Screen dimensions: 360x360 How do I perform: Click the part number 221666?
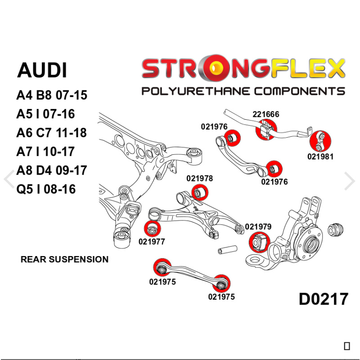(265, 114)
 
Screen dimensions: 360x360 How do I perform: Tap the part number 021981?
(320, 157)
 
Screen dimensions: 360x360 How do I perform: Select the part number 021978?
(199, 178)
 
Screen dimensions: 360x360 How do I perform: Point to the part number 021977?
(152, 241)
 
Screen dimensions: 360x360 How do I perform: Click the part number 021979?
(258, 227)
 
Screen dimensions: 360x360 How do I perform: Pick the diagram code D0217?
(323, 299)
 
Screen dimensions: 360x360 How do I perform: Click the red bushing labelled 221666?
(265, 130)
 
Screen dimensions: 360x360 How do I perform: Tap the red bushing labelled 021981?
(320, 140)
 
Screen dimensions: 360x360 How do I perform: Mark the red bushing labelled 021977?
(152, 229)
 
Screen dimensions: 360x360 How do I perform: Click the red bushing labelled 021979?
(258, 242)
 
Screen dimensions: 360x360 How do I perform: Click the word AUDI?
(42, 71)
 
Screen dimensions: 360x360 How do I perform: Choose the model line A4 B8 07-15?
(51, 95)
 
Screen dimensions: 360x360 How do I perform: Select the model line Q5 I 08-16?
(46, 189)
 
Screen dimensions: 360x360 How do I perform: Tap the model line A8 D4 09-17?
(51, 171)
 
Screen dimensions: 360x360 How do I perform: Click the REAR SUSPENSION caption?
(64, 259)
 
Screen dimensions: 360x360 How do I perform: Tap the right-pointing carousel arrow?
(350, 180)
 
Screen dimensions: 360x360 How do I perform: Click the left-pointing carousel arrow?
(9, 180)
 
